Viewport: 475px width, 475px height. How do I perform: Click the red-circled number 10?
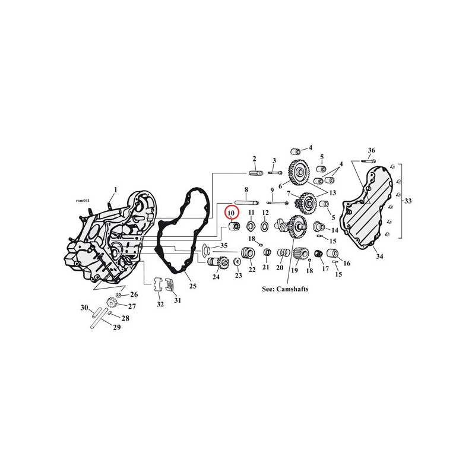231,213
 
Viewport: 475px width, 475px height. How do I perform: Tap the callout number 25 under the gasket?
193,286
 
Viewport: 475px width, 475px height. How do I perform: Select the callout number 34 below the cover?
379,256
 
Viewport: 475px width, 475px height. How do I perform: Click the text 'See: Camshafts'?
285,289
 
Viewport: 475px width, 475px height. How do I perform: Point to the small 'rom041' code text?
83,201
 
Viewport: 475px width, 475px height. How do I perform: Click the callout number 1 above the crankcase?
115,189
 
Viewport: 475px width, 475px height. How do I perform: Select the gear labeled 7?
305,201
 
